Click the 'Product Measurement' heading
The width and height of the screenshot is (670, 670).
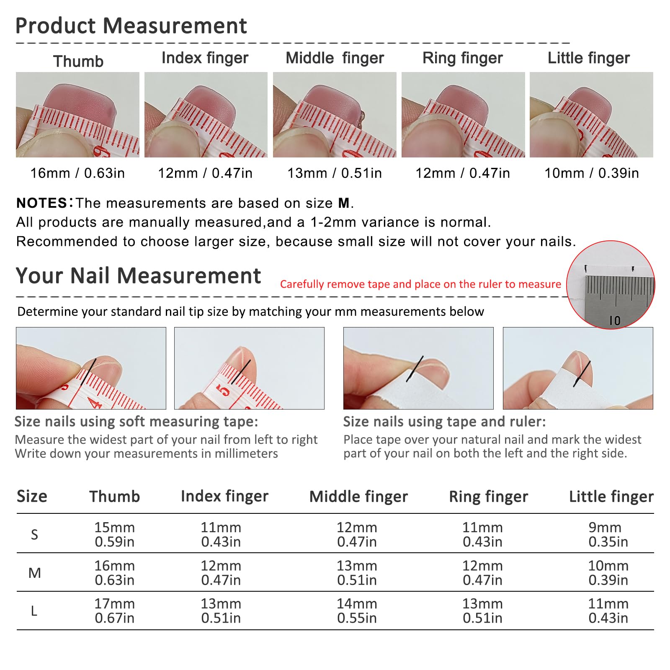pyautogui.click(x=131, y=26)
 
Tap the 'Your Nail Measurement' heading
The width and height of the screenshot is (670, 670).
pyautogui.click(x=138, y=276)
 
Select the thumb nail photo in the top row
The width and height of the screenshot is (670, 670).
pyautogui.click(x=77, y=115)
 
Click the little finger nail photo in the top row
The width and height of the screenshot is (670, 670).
pyautogui.click(x=591, y=115)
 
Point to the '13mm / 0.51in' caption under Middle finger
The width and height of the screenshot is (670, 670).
pyautogui.click(x=335, y=173)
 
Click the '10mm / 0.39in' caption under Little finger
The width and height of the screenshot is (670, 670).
pyautogui.click(x=592, y=173)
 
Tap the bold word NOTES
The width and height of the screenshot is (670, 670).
pyautogui.click(x=41, y=203)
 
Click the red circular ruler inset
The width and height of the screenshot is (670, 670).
pyautogui.click(x=611, y=285)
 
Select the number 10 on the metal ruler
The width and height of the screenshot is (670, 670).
pyautogui.click(x=615, y=321)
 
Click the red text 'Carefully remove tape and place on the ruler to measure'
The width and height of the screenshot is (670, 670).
pyautogui.click(x=420, y=284)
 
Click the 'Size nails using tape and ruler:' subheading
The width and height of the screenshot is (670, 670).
pyautogui.click(x=445, y=422)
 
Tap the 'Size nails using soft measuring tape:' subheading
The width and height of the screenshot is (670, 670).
pyautogui.click(x=137, y=422)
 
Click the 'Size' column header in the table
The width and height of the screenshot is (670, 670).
pyautogui.click(x=32, y=496)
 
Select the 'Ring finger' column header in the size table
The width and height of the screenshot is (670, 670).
pyautogui.click(x=488, y=497)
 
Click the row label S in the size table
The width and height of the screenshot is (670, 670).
pyautogui.click(x=34, y=534)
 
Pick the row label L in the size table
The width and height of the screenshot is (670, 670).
pyautogui.click(x=34, y=611)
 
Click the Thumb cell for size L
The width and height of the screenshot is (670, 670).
pyautogui.click(x=114, y=611)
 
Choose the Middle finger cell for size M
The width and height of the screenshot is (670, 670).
pyautogui.click(x=357, y=573)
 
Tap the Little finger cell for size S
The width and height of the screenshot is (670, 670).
pyautogui.click(x=608, y=534)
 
